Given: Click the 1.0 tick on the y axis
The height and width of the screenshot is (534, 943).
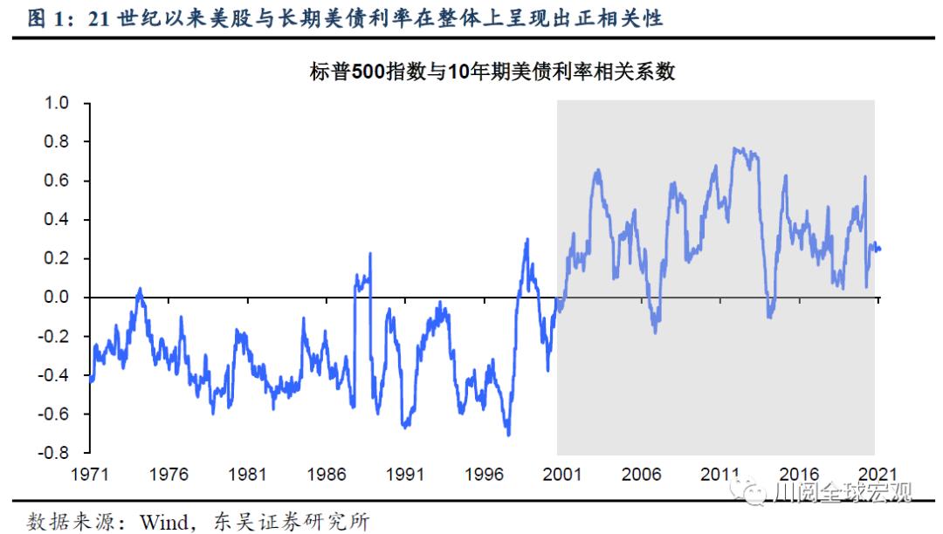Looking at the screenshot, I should [56, 103].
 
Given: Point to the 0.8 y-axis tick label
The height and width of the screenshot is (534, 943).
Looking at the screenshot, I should [56, 141].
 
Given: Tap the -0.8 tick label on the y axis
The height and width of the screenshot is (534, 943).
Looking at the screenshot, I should [53, 454].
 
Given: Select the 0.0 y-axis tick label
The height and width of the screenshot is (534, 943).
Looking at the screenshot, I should [56, 298].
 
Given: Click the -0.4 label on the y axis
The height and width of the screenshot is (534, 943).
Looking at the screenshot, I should [53, 376].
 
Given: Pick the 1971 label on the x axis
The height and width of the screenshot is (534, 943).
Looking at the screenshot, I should [90, 475].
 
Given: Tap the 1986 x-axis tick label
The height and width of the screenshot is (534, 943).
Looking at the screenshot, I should [326, 475].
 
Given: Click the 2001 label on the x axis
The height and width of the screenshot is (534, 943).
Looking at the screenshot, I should [562, 475].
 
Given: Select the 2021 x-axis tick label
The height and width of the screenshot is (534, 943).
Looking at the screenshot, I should [877, 475].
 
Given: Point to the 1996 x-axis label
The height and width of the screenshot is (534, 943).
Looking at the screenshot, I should [484, 475].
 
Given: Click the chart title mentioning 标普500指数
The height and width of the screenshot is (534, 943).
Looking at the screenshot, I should [492, 72].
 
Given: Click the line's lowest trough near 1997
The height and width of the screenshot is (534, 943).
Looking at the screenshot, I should [508, 434].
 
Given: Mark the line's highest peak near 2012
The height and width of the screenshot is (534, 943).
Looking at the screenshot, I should [735, 148].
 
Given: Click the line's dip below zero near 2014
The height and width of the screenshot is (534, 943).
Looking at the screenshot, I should [769, 316].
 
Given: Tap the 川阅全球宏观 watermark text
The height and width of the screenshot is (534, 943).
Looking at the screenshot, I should [843, 494].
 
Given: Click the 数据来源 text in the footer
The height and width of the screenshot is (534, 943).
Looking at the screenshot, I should [61, 522].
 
